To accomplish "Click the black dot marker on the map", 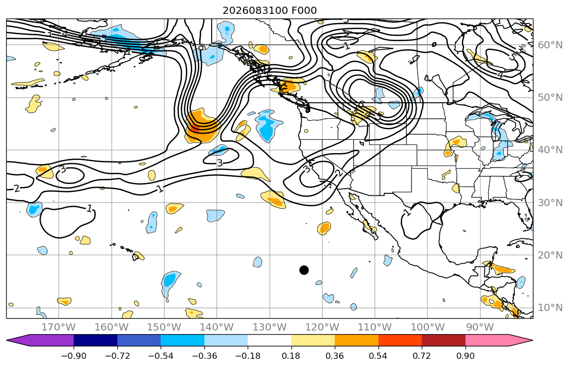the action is [x=304, y=270].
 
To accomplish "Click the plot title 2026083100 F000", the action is [x=270, y=10].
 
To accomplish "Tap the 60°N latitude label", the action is [x=550, y=45].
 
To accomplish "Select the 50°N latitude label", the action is [x=550, y=98].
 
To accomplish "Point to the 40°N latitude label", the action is [x=550, y=150].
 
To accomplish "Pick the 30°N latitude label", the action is [x=550, y=203].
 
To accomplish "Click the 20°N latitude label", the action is [x=550, y=255].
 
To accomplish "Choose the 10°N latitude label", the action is [x=550, y=308].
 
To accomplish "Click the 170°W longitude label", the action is [x=59, y=327].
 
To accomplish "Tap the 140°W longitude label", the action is [x=217, y=327].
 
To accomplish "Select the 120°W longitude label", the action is [x=322, y=327].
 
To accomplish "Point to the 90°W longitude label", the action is [x=480, y=327].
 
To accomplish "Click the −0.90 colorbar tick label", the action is [x=74, y=356].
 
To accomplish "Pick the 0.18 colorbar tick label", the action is [x=291, y=356].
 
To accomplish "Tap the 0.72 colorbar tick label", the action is [x=422, y=356].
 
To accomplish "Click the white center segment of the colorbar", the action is [x=270, y=340].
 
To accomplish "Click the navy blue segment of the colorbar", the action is [x=95, y=340].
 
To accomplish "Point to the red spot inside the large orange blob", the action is [x=195, y=127].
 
